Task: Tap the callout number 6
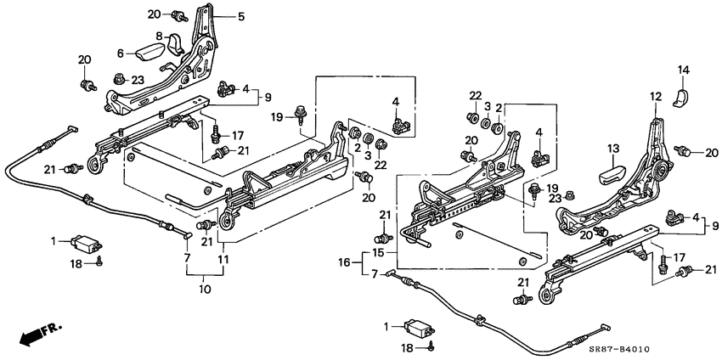click(x=119, y=53)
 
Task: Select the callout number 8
click(x=158, y=35)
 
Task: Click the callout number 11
click(x=223, y=258)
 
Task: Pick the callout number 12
click(x=655, y=97)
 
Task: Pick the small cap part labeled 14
click(x=681, y=96)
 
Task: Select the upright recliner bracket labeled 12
click(x=654, y=153)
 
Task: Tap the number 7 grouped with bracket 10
click(x=187, y=257)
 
